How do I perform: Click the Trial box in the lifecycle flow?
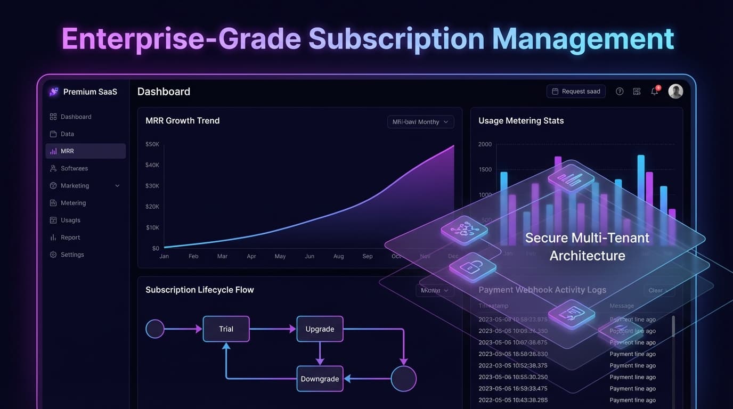click(x=226, y=329)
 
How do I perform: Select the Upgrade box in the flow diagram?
click(x=320, y=329)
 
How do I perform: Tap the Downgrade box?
click(x=320, y=379)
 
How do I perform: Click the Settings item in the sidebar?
click(x=72, y=255)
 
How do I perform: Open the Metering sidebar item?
click(x=73, y=203)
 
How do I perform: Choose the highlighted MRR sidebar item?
click(x=85, y=151)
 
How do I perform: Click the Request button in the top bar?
click(x=576, y=92)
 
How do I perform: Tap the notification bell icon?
click(x=655, y=92)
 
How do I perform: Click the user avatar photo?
click(x=675, y=91)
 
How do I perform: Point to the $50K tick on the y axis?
click(x=152, y=144)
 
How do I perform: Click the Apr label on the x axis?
click(x=251, y=256)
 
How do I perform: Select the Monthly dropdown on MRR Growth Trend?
click(x=420, y=122)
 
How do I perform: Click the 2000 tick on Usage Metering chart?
click(x=485, y=144)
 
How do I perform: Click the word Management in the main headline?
click(x=583, y=39)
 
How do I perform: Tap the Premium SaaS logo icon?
click(x=54, y=92)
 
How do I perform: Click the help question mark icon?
click(x=620, y=92)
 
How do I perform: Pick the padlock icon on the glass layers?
click(x=473, y=266)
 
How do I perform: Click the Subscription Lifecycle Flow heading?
click(x=199, y=290)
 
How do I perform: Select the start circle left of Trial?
click(x=155, y=329)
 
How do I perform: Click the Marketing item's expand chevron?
click(x=117, y=186)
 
